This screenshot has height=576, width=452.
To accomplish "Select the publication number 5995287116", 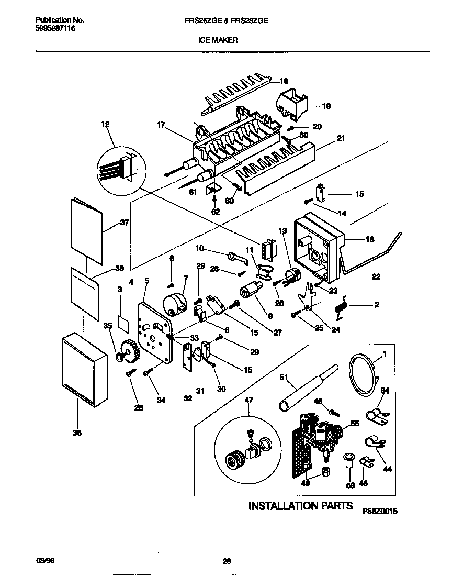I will pos(55,29).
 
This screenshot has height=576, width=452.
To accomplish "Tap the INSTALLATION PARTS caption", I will pos(298,506).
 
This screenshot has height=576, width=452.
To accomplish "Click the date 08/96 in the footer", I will pos(45,561).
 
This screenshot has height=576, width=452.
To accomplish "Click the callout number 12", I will pos(106,124).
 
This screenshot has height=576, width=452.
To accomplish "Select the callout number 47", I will pos(248,400).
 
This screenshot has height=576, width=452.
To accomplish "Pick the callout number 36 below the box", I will pos(77,433).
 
